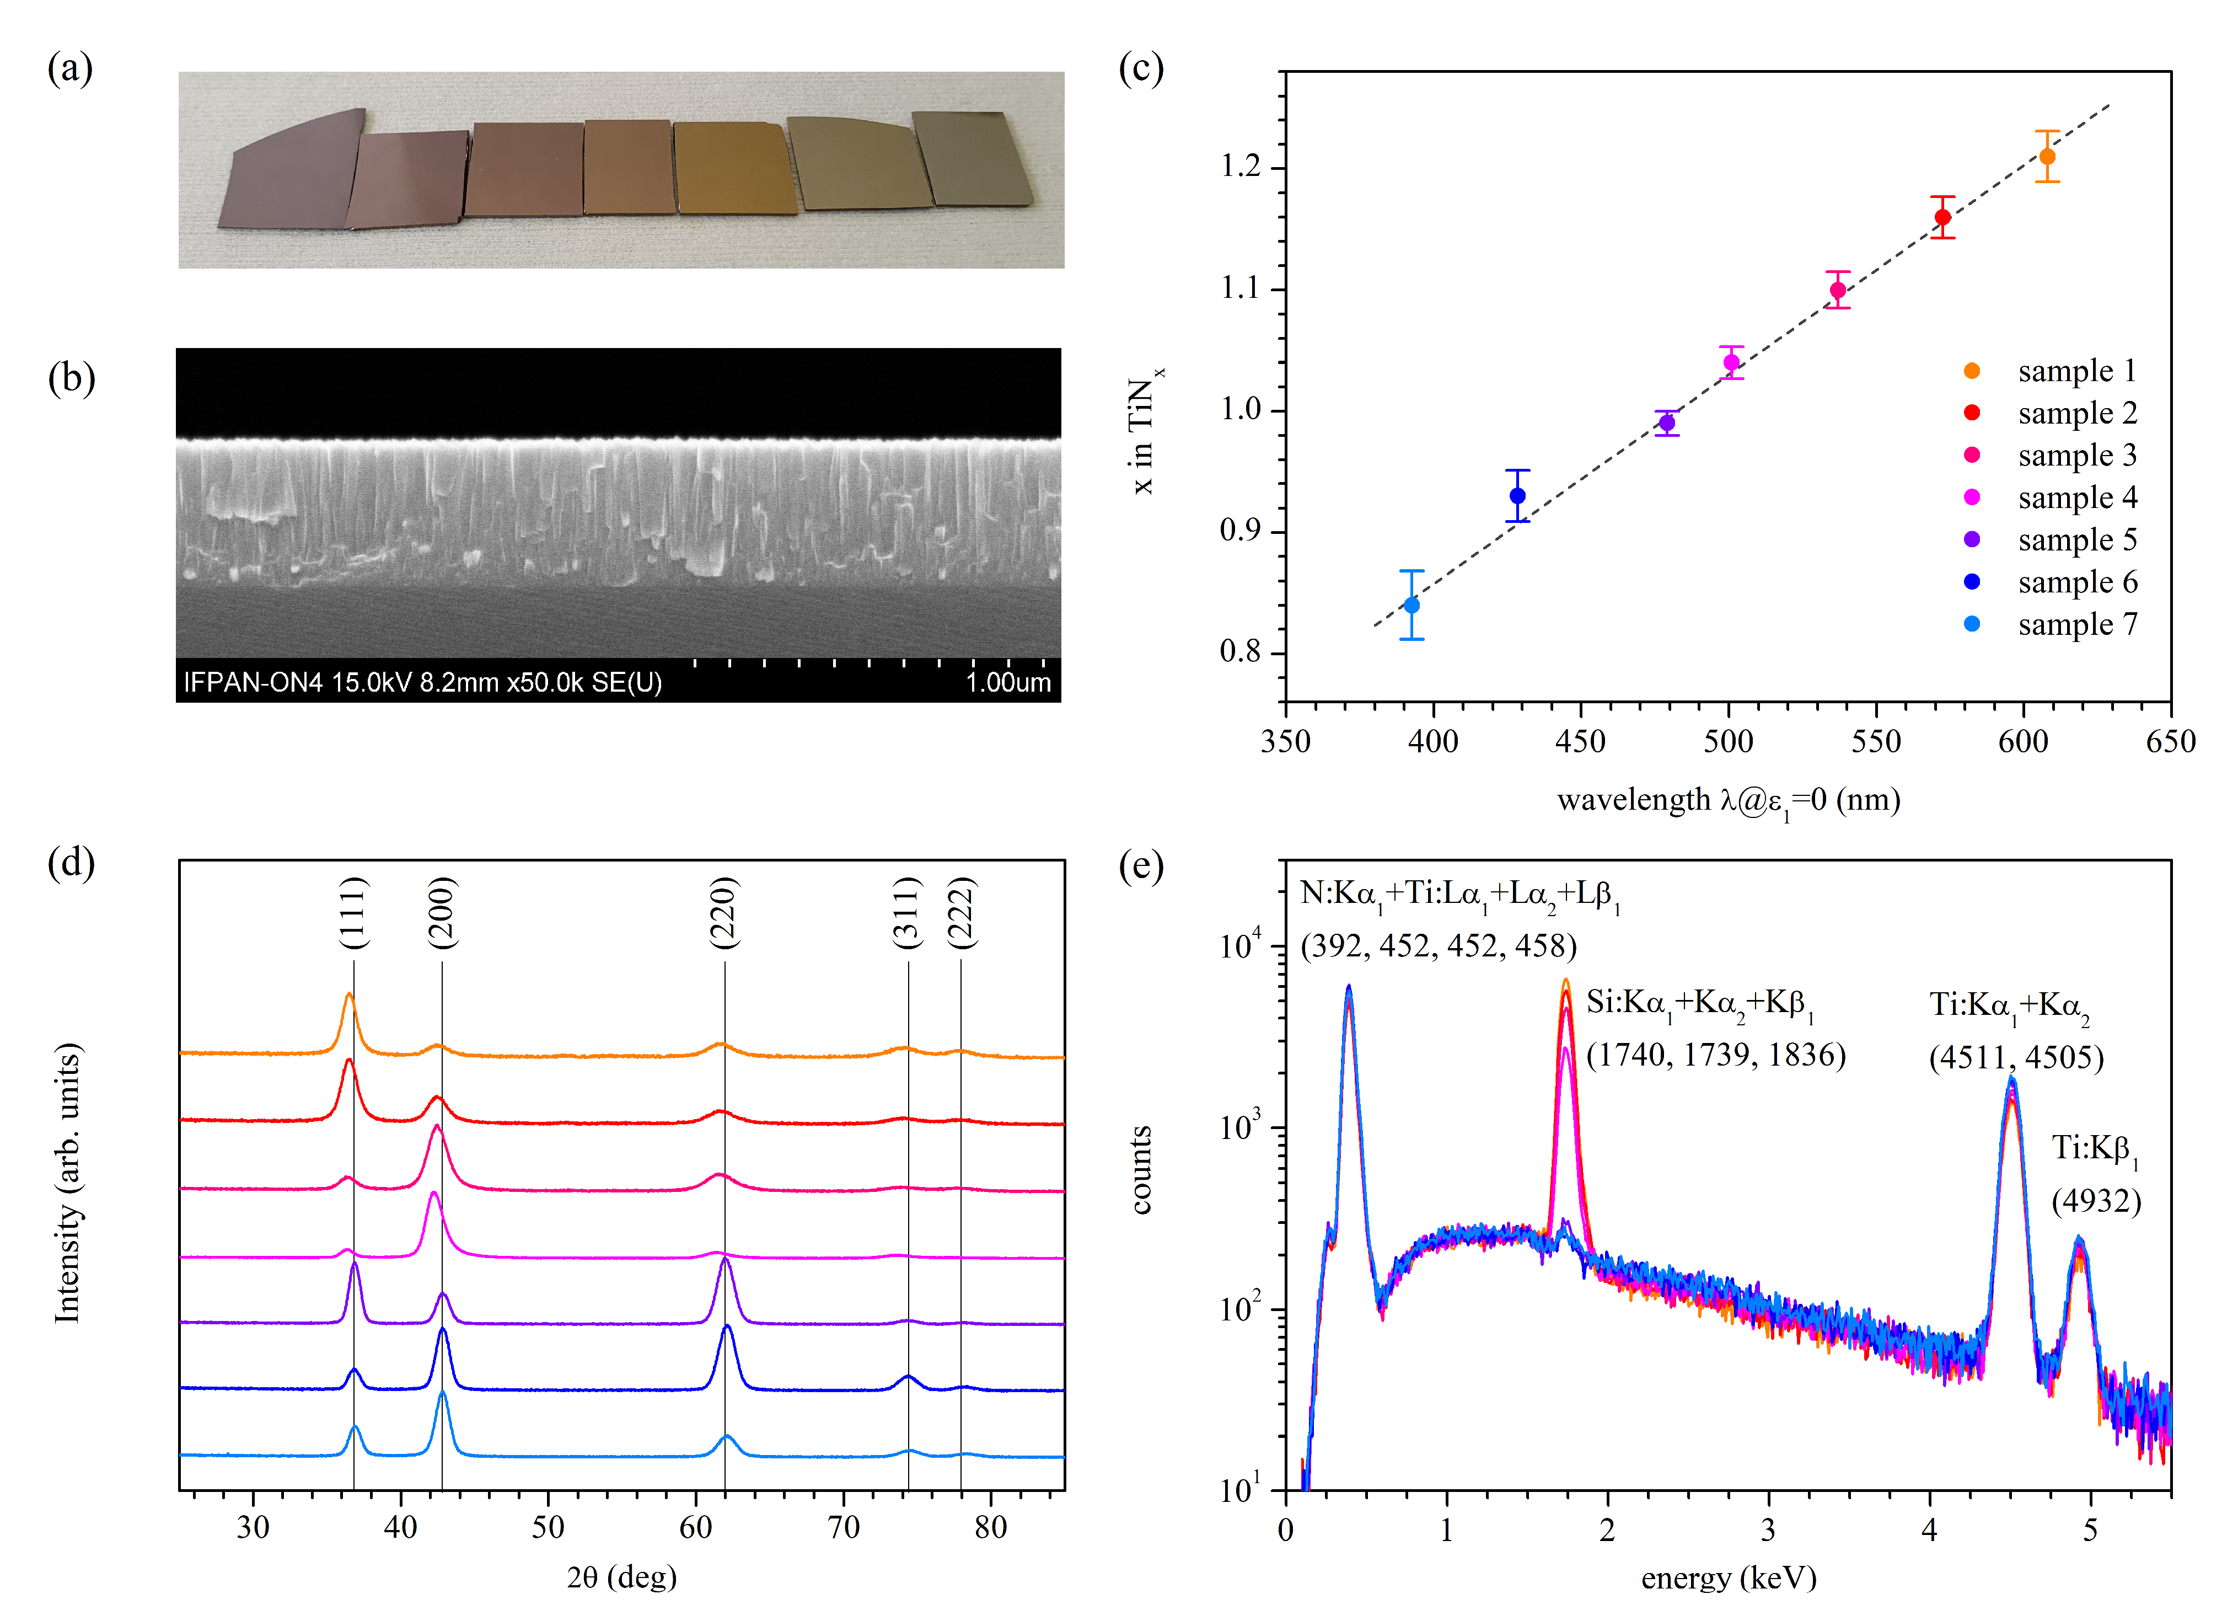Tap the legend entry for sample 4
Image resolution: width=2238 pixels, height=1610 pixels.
point(2076,498)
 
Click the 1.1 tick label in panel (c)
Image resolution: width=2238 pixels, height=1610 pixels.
point(1241,288)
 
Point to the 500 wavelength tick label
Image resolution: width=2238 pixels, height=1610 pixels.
point(1728,741)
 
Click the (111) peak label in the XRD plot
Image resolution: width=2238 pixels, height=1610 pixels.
point(353,913)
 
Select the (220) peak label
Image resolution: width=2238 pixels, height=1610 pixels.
point(724,913)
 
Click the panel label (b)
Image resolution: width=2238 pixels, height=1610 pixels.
point(71,378)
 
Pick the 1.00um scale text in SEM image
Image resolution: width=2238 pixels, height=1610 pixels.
point(1007,682)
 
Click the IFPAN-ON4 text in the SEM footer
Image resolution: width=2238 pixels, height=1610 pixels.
point(253,682)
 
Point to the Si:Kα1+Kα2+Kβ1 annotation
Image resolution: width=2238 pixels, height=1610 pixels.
point(1699,1004)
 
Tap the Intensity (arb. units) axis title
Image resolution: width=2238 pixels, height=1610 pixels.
point(67,1181)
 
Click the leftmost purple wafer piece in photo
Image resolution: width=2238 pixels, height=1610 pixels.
point(286,173)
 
